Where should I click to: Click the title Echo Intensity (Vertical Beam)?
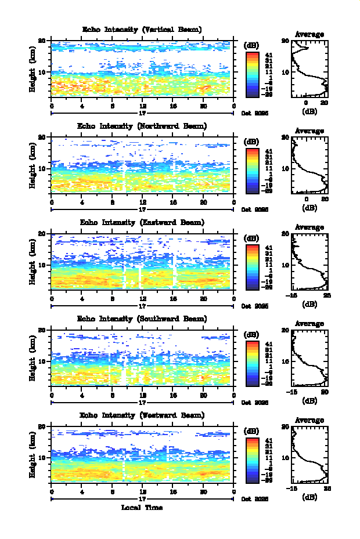(x=142, y=30)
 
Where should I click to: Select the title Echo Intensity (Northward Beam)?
(x=142, y=126)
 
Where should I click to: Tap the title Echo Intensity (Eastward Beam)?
(x=142, y=222)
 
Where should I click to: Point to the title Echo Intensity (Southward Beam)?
(x=142, y=319)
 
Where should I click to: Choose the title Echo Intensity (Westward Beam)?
(x=142, y=415)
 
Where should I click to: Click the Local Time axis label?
(x=142, y=508)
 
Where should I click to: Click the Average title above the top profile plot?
(x=309, y=34)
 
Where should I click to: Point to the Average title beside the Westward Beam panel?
(x=309, y=421)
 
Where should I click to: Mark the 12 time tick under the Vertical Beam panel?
(x=142, y=106)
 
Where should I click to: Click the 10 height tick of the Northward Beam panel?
(x=42, y=169)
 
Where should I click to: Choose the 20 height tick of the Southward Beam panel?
(x=42, y=330)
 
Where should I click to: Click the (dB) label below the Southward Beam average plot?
(x=309, y=400)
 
